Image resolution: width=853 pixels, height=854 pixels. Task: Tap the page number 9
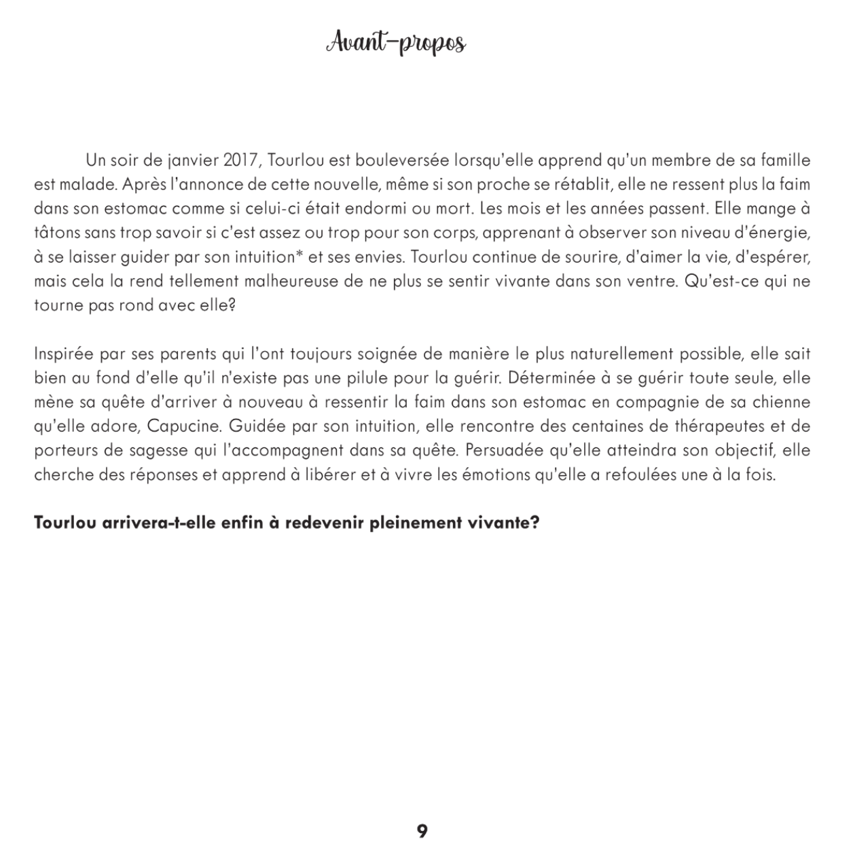(422, 831)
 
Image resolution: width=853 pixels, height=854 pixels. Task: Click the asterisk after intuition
(300, 255)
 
